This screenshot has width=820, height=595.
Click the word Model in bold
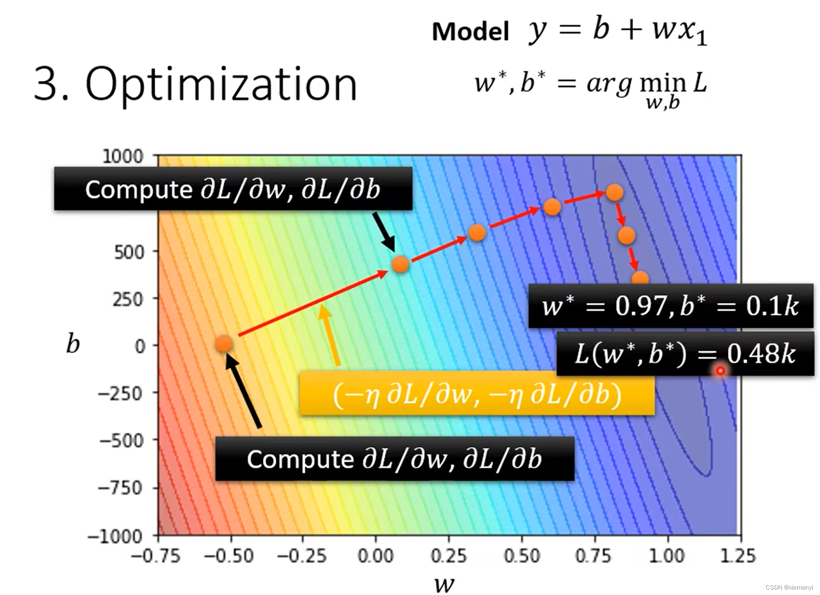click(470, 32)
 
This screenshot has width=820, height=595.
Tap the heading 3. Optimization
click(196, 84)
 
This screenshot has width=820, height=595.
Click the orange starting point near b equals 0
click(224, 344)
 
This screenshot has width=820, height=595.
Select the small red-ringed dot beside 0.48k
click(720, 371)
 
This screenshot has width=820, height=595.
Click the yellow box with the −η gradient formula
click(477, 394)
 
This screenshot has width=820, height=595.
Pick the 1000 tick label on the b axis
click(123, 157)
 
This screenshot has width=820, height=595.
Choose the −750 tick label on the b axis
click(121, 488)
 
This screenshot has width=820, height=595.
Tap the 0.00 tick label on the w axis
click(375, 556)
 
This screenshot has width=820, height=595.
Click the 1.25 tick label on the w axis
click(738, 556)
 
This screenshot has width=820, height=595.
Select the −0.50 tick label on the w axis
click(229, 556)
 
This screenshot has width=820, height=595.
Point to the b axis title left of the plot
click(73, 344)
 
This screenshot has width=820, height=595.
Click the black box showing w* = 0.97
click(670, 305)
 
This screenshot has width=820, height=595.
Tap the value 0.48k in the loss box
click(761, 354)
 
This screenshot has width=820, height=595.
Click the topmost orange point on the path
click(614, 193)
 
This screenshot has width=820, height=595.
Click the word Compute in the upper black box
click(139, 189)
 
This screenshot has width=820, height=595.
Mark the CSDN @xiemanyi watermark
click(789, 588)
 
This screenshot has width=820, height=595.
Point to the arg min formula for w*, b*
click(590, 86)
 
